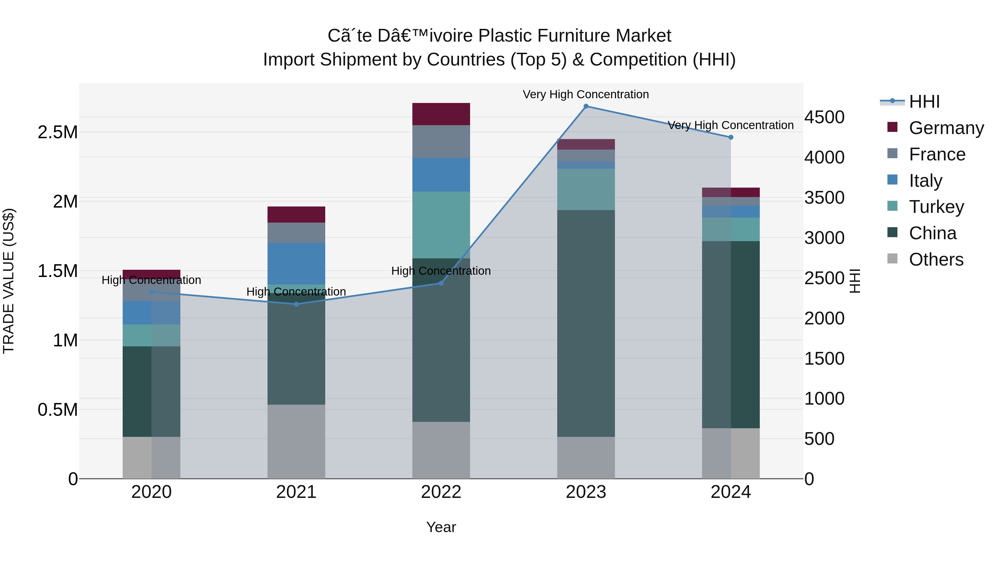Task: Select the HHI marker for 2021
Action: click(296, 304)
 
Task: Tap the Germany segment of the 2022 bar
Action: click(441, 114)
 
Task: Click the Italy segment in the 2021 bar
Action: click(296, 264)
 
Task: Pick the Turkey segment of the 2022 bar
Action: click(441, 225)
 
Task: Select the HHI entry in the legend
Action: click(924, 102)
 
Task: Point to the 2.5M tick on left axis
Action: click(57, 132)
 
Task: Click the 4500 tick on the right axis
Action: click(824, 117)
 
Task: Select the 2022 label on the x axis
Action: click(441, 492)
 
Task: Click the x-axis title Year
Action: click(441, 527)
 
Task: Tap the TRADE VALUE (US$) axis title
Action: click(9, 281)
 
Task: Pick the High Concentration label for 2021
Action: click(296, 292)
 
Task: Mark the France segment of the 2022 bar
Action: click(441, 142)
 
